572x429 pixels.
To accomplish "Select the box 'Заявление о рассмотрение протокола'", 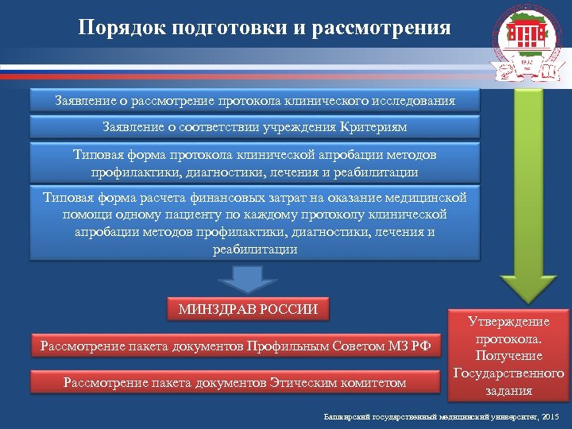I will (x=255, y=101).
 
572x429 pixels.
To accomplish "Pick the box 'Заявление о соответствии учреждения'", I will (x=255, y=127).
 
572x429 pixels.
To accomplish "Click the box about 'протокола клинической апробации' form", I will (x=255, y=162).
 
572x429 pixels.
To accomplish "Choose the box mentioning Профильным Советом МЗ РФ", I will (x=234, y=346).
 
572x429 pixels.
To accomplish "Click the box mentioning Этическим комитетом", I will (x=234, y=383).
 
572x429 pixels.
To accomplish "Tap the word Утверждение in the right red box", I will (x=508, y=322).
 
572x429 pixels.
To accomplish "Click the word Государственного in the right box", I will (x=508, y=373).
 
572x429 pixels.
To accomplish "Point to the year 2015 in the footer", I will (x=549, y=417).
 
